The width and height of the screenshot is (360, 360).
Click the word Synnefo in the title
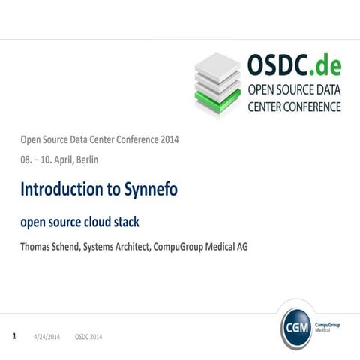(148, 190)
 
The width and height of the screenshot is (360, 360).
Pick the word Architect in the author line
(154, 247)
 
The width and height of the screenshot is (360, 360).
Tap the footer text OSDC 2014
(89, 337)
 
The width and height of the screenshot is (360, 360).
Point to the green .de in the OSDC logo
(325, 66)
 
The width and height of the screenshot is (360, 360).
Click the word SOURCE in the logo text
(295, 91)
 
